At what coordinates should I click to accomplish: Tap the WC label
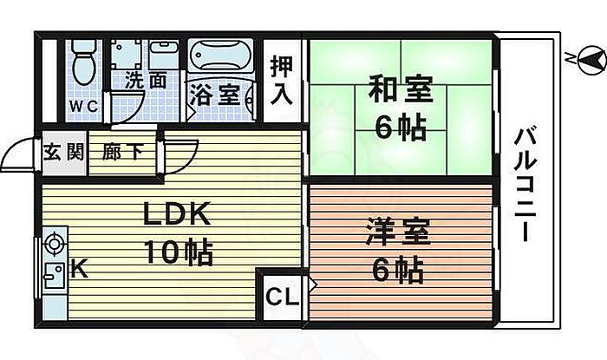coord(84,106)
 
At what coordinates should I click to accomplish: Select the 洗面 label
coord(145,82)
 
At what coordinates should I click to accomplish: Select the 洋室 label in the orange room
coord(398,234)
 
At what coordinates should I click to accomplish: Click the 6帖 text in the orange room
coord(398,272)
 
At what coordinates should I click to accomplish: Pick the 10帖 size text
coord(179,253)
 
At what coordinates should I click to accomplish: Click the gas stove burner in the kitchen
coord(55,244)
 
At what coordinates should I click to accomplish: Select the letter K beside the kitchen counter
coord(78,270)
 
